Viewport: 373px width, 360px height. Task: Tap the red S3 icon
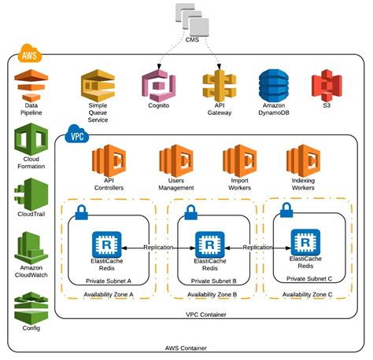(327, 86)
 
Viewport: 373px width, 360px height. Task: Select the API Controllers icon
(109, 160)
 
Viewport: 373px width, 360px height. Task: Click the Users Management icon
(175, 160)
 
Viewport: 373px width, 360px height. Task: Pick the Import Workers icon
(238, 160)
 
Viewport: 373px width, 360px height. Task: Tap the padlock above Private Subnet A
(79, 211)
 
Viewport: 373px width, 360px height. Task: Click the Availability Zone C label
(308, 294)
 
